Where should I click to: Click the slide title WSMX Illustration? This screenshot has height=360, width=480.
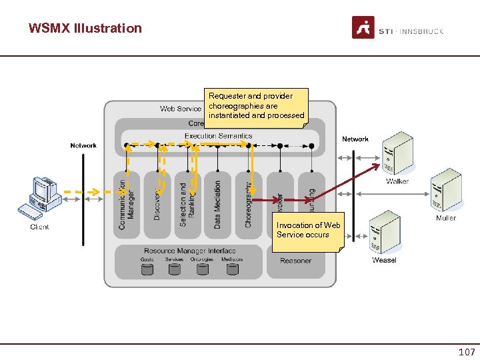(85, 28)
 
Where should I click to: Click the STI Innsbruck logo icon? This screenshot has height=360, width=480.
(363, 28)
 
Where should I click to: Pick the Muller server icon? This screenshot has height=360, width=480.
(446, 192)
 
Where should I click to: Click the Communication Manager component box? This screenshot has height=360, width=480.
(127, 203)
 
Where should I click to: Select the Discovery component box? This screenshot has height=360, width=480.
(157, 203)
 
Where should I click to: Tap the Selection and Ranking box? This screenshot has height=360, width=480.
(188, 203)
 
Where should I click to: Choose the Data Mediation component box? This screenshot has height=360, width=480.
(218, 203)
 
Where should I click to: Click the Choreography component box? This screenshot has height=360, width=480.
(249, 203)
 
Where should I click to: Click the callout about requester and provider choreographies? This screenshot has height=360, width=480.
(256, 106)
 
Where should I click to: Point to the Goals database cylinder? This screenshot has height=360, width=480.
(147, 269)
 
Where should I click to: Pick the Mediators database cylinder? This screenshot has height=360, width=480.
(232, 269)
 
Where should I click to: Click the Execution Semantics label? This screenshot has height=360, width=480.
(218, 136)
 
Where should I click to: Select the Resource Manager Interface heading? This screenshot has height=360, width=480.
(190, 251)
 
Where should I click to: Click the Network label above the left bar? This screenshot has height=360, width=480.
(83, 145)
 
